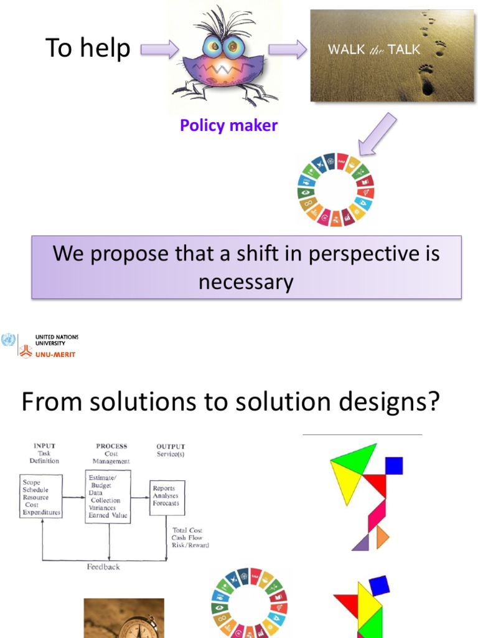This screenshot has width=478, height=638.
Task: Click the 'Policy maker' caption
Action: [x=228, y=125]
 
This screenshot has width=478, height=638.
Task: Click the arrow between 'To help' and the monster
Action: [x=159, y=49]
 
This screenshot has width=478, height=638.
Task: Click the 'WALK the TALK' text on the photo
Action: [x=373, y=50]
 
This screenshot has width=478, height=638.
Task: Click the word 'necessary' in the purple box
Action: [x=246, y=282]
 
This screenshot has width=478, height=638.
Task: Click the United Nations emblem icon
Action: [x=8, y=340]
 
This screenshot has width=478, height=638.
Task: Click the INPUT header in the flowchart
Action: [x=44, y=446]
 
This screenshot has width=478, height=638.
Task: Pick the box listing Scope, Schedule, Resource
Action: [x=41, y=497]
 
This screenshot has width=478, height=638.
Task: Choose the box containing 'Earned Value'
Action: [x=108, y=497]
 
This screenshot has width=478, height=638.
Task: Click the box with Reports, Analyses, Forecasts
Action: [x=167, y=497]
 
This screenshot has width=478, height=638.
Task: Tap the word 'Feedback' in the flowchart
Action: [x=103, y=567]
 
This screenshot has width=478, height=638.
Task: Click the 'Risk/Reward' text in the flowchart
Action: [x=190, y=545]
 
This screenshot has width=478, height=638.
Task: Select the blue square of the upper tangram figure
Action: [x=393, y=465]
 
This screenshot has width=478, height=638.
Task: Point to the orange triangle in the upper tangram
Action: [x=382, y=536]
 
